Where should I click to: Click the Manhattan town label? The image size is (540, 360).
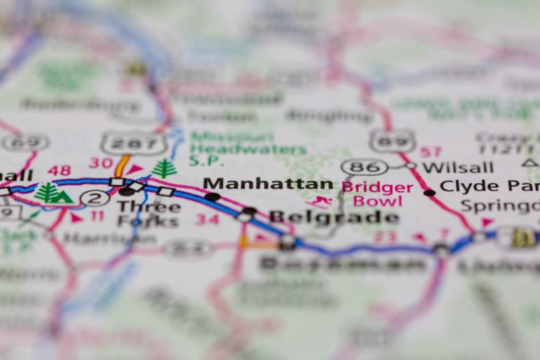click(x=268, y=185)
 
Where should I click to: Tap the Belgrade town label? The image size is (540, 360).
click(x=334, y=217)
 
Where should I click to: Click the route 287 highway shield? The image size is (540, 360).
click(x=133, y=143)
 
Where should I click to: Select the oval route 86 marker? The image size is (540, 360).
click(x=365, y=167)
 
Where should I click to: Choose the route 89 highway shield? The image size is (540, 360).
click(x=392, y=140)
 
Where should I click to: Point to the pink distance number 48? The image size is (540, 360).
click(x=60, y=171)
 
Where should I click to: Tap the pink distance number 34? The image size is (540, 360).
click(x=207, y=220)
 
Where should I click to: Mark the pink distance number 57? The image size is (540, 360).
click(x=431, y=152)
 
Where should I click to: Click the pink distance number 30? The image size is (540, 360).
click(x=101, y=163)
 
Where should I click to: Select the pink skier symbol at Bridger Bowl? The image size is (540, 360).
click(x=321, y=202)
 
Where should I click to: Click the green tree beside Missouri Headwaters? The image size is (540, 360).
click(x=164, y=168)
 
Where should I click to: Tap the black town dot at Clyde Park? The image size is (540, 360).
click(x=429, y=192)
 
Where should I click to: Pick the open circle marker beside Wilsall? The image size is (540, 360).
click(x=411, y=166)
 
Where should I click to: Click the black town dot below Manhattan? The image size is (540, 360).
click(x=212, y=197)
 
